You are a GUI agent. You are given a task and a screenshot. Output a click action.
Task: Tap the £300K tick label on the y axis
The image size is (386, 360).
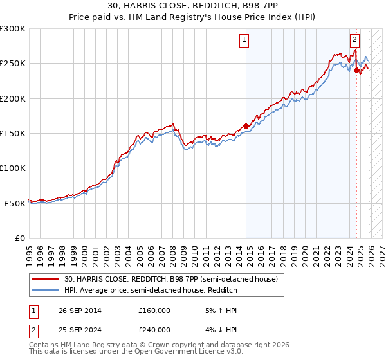click(x=13, y=29)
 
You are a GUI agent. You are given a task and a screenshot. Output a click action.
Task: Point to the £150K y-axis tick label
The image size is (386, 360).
click(x=13, y=134)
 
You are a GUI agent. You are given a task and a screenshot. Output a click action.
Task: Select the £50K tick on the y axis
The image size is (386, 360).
click(x=15, y=203)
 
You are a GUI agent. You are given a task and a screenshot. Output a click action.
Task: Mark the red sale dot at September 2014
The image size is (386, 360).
click(x=246, y=127)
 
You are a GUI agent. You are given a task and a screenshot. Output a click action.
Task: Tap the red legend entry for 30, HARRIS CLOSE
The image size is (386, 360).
click(x=170, y=279)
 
